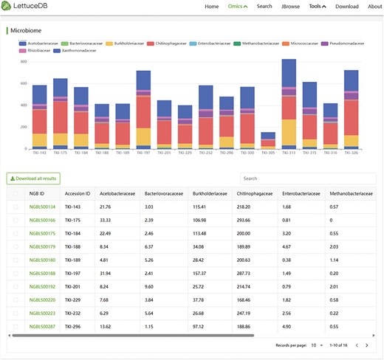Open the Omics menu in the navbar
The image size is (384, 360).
pos(237,7)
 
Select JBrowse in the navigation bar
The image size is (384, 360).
pos(289,7)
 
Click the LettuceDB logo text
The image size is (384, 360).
pos(32,7)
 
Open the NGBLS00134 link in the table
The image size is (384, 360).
pos(42,207)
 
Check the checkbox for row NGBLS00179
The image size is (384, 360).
pos(16,246)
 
